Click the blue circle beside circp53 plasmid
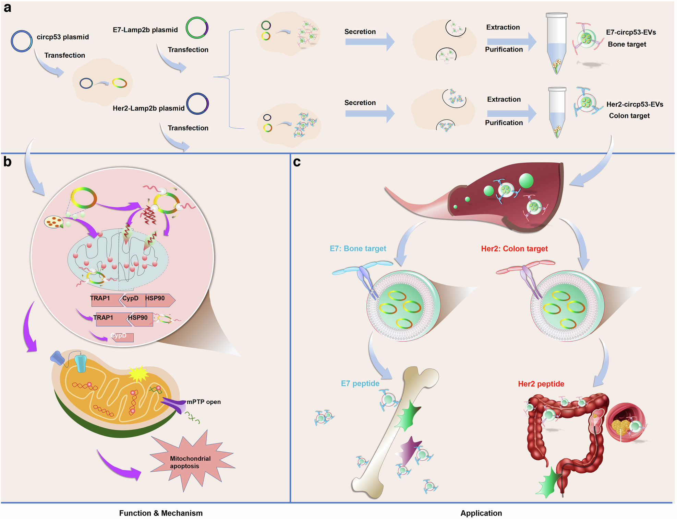[x=22, y=41]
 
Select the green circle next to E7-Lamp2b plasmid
[x=197, y=28]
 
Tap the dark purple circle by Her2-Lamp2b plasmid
[x=197, y=104]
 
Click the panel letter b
[x=7, y=162]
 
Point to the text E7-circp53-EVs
[x=631, y=32]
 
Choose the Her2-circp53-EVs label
[x=634, y=104]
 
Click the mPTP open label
[x=204, y=402]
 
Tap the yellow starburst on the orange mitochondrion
[x=138, y=374]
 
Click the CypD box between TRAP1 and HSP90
[x=131, y=299]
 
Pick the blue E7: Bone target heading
[x=358, y=249]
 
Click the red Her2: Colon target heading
[x=514, y=249]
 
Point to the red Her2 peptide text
[x=541, y=384]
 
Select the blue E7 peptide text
[x=360, y=383]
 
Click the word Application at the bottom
[x=481, y=513]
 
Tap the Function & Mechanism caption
[x=161, y=513]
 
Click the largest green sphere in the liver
[x=526, y=181]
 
